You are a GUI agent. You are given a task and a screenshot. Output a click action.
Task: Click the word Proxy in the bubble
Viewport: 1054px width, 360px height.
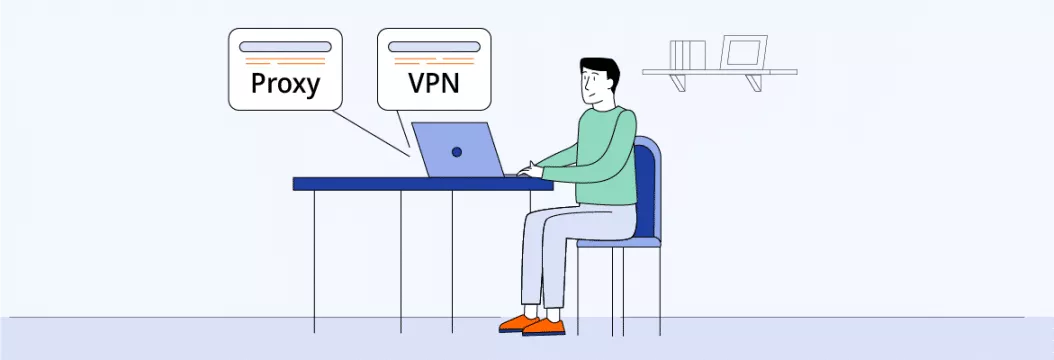pyautogui.click(x=285, y=83)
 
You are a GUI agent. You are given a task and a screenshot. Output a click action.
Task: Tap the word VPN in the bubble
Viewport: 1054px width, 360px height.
pyautogui.click(x=433, y=83)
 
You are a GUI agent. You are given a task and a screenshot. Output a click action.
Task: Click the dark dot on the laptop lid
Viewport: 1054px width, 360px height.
pyautogui.click(x=456, y=152)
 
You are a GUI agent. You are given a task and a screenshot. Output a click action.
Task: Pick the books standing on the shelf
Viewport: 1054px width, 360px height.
pyautogui.click(x=687, y=54)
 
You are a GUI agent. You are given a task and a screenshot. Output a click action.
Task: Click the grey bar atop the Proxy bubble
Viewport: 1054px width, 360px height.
pyautogui.click(x=285, y=47)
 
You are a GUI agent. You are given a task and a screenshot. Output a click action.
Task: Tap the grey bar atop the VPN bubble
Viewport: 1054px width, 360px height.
pyautogui.click(x=433, y=47)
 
